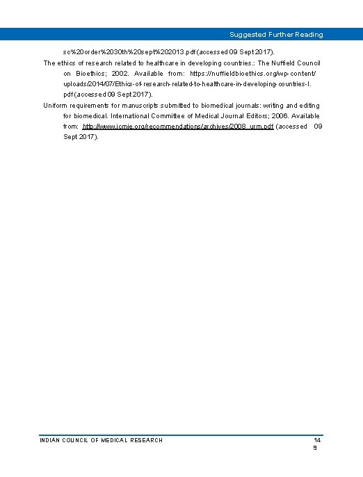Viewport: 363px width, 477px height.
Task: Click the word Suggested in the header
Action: (x=246, y=34)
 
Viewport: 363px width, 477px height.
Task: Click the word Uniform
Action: (x=56, y=106)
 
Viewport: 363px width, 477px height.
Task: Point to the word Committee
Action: (x=178, y=116)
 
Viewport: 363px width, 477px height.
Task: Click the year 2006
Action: (x=289, y=116)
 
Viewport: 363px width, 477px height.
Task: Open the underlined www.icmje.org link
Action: (x=178, y=127)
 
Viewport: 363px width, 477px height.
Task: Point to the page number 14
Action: (x=316, y=440)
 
